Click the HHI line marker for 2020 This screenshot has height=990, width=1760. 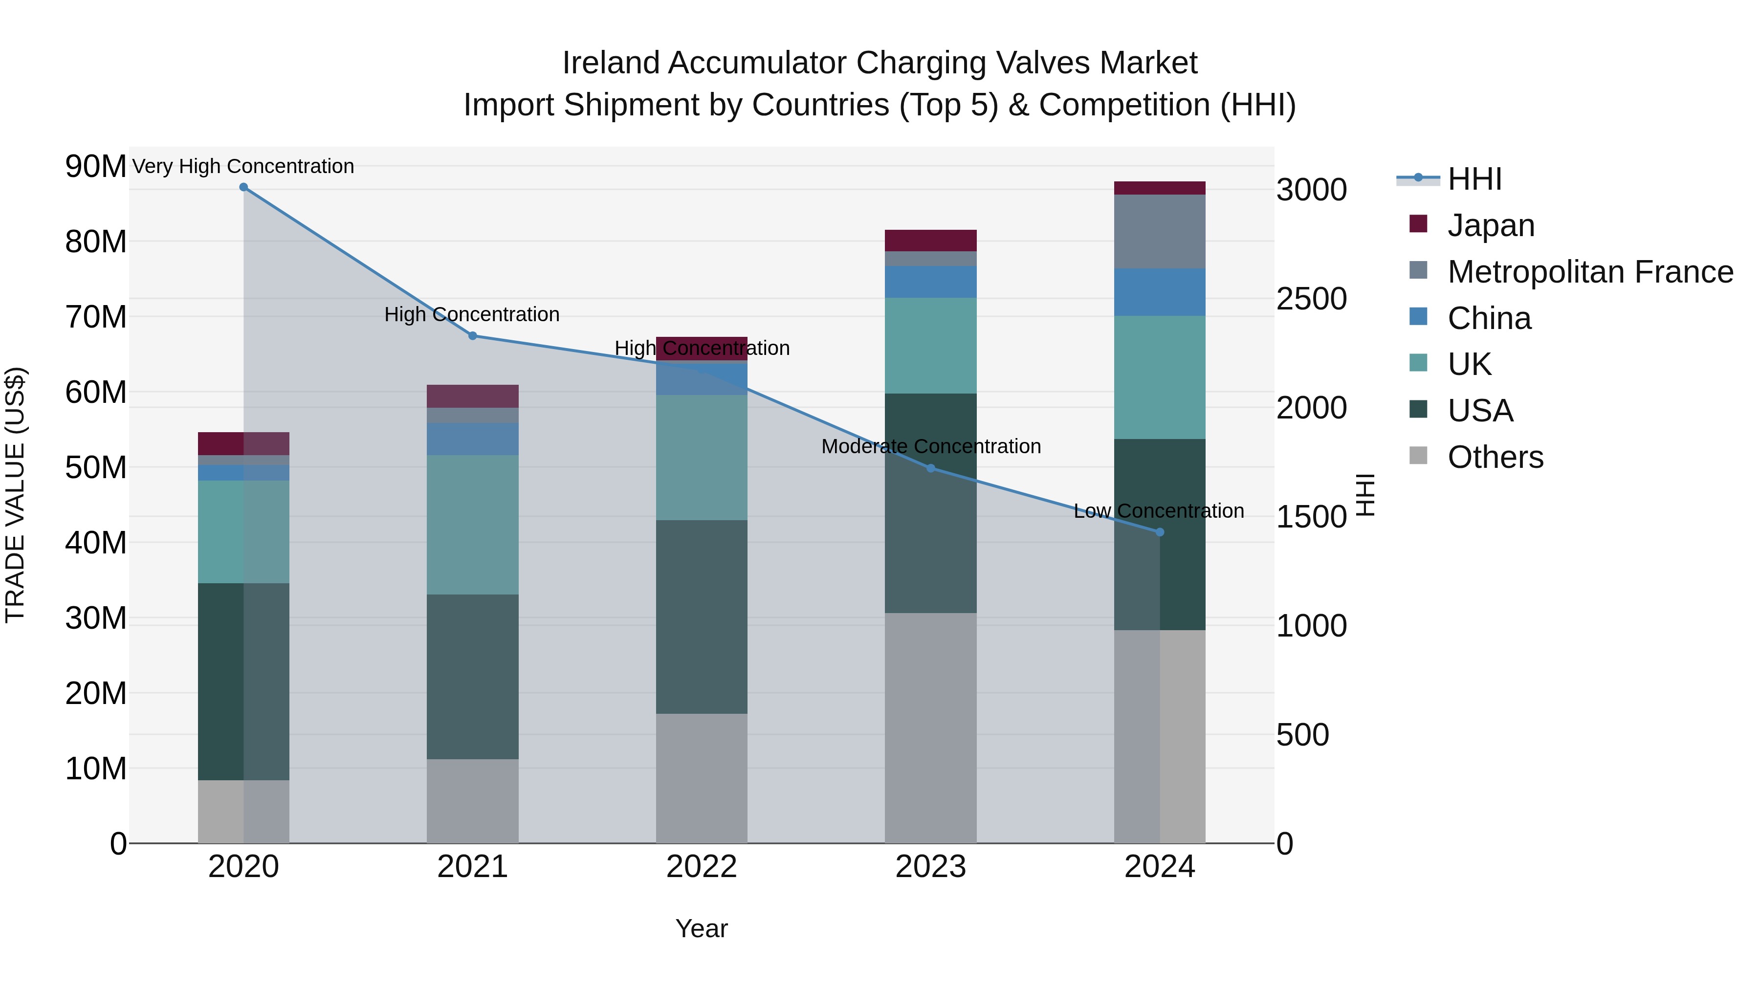(x=243, y=187)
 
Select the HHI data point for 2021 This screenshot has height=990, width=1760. (x=473, y=335)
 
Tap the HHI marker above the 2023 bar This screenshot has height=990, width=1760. (x=930, y=468)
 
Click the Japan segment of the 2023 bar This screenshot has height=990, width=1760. (x=930, y=241)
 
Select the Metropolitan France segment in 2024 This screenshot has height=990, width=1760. (x=1160, y=232)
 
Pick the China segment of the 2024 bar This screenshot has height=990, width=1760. (x=1160, y=292)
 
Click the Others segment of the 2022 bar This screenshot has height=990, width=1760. (x=702, y=778)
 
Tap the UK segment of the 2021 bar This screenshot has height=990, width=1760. (x=473, y=525)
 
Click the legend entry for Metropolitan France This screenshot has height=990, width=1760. (x=1590, y=272)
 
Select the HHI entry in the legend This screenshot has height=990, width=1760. (x=1474, y=179)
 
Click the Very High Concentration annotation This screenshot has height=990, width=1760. (x=243, y=167)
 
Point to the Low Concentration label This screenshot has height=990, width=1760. (x=1159, y=511)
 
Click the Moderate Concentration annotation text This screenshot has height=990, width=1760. (x=930, y=447)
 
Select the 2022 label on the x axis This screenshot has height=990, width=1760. (x=702, y=867)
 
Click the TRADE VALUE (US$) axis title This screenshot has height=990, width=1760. (x=16, y=495)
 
